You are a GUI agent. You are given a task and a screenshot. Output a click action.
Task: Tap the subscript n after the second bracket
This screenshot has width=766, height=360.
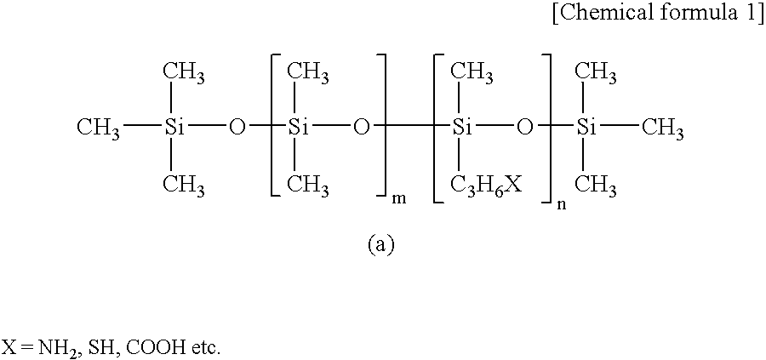pos(562,206)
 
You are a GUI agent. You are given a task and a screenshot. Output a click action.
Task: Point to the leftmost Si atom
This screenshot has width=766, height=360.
pos(170,129)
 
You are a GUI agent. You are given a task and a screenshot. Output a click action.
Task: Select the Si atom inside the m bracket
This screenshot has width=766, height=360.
pos(294,129)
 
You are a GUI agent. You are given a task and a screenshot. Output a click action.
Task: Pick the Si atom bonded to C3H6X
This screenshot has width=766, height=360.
pos(460,129)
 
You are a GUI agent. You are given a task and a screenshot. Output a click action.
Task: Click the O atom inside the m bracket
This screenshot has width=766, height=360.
pos(361,129)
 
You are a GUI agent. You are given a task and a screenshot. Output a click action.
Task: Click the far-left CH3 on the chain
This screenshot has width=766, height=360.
pos(98,129)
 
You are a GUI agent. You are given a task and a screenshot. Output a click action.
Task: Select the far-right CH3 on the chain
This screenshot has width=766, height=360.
pos(662,129)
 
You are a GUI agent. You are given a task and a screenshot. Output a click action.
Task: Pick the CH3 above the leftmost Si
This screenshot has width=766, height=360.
pos(184,73)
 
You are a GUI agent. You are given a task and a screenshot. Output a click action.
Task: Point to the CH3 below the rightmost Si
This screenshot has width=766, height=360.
pos(596,186)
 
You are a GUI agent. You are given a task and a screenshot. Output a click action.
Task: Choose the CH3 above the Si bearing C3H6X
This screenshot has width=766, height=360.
pos(472,73)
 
